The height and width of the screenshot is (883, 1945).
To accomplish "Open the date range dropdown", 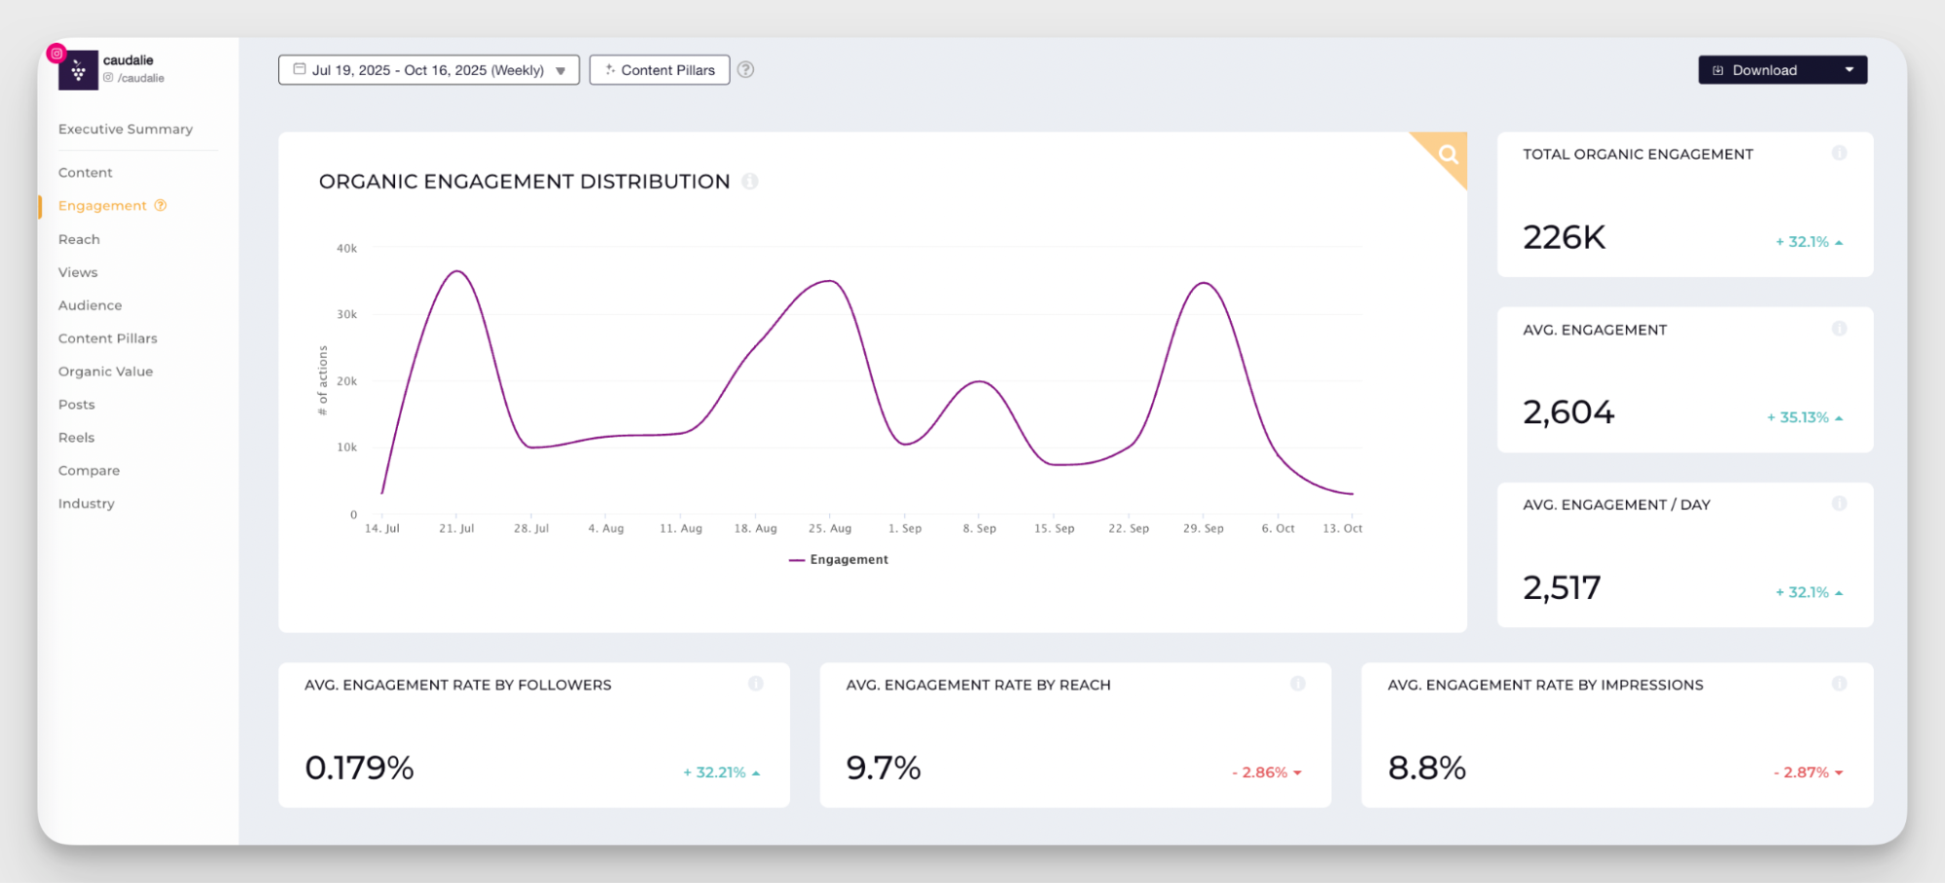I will click(x=429, y=70).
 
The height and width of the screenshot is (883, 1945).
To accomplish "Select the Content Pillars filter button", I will click(x=660, y=70).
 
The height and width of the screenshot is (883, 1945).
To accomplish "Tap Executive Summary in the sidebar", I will click(x=126, y=129).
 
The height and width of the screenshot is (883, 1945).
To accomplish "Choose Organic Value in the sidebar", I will click(x=105, y=371).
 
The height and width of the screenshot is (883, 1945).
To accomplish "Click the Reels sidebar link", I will click(x=76, y=438).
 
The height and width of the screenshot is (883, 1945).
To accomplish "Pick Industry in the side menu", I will click(x=86, y=504).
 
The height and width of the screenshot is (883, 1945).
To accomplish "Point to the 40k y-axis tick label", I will click(x=346, y=249).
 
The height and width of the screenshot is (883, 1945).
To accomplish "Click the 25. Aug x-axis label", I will click(x=829, y=529).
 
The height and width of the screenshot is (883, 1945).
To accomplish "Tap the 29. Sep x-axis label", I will click(x=1203, y=529).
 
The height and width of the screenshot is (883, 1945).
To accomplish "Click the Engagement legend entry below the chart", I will click(x=839, y=560).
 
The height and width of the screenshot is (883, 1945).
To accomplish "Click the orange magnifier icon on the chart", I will click(x=1448, y=154).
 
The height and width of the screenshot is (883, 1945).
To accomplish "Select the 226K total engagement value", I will click(x=1564, y=237).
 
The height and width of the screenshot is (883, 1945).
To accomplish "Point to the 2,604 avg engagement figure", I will click(x=1568, y=412).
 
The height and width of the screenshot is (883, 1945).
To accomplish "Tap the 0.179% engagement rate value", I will click(x=359, y=768).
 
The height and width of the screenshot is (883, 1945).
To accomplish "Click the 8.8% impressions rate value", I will click(x=1426, y=768).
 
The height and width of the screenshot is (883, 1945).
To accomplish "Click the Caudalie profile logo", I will click(x=78, y=70).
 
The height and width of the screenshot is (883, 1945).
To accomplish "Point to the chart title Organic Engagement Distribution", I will click(x=524, y=182).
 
